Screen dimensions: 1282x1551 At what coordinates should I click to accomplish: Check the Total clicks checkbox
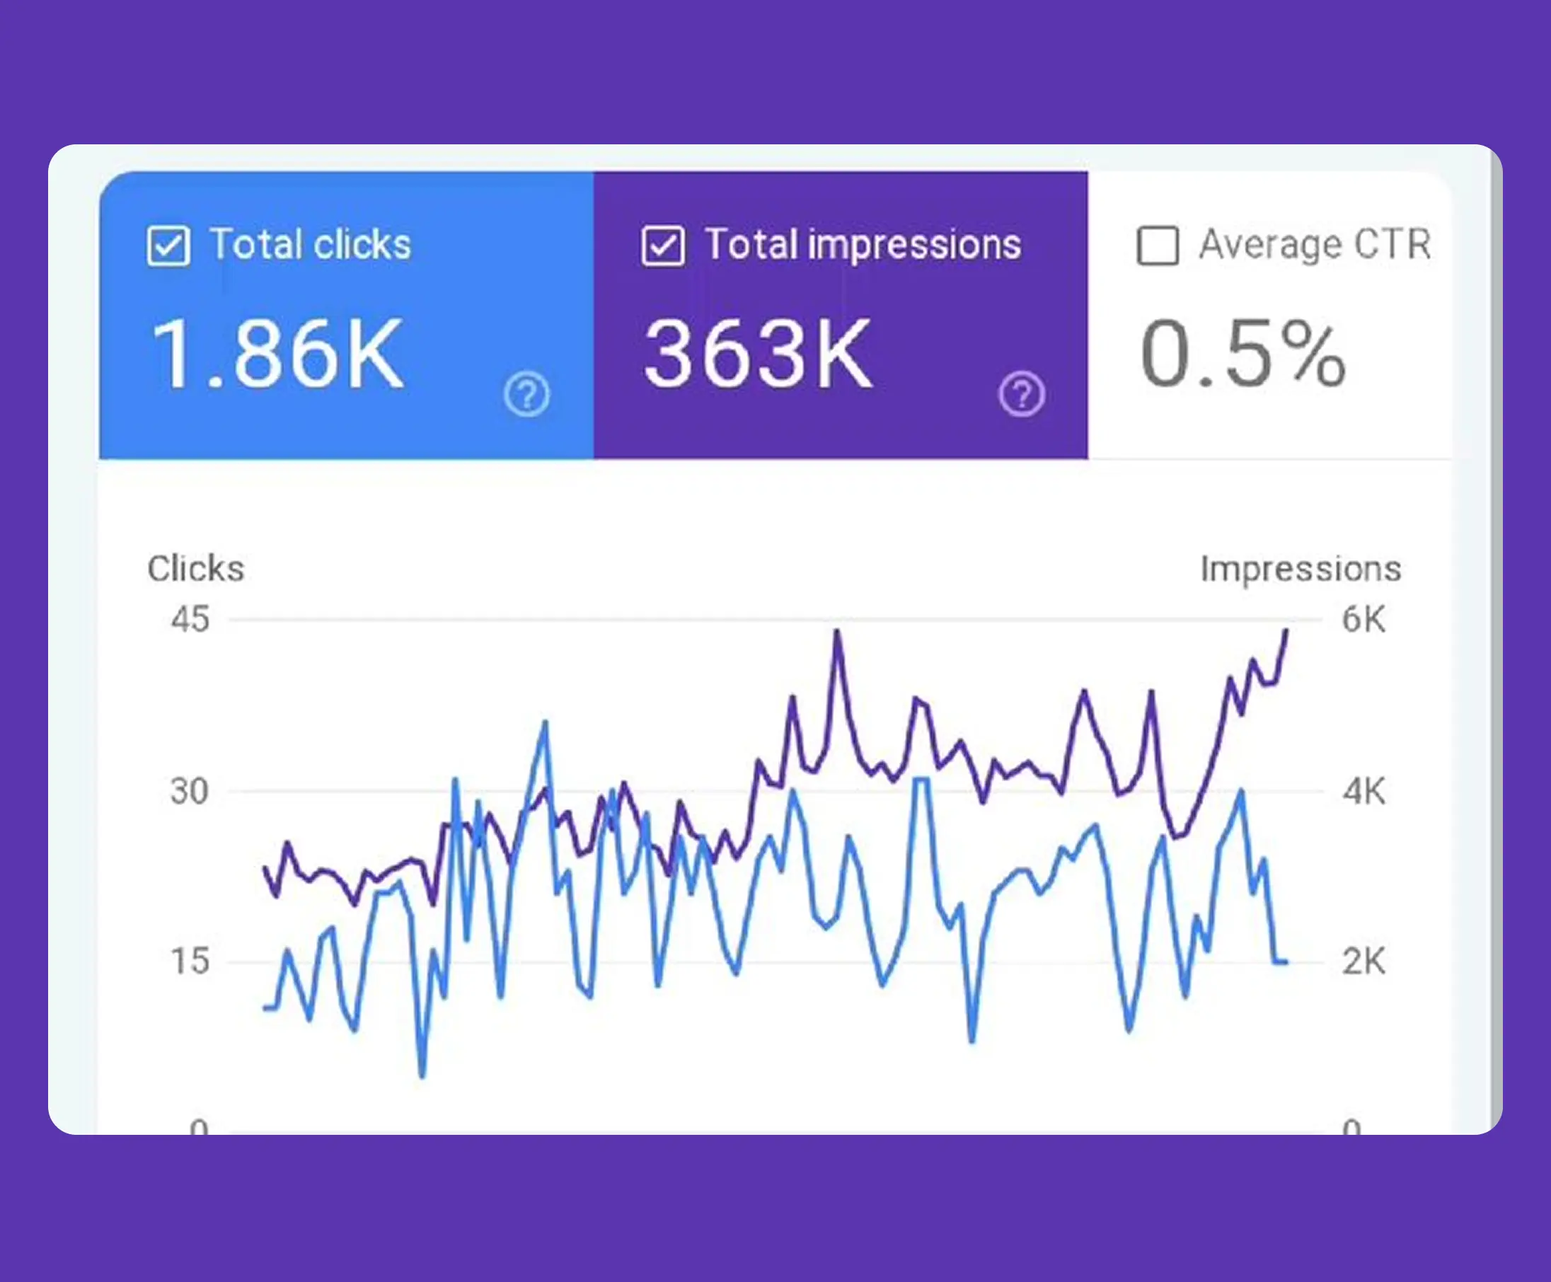coord(168,246)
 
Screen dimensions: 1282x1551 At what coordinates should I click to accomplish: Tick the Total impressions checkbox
coord(662,246)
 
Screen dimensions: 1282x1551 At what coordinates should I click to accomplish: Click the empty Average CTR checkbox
coord(1158,246)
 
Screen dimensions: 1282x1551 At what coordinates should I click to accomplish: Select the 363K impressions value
coord(758,354)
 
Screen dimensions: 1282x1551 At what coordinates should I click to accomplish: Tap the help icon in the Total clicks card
coord(526,394)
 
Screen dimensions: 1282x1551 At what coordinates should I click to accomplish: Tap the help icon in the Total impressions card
coord(1022,394)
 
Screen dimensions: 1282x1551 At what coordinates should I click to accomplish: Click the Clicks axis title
coord(196,569)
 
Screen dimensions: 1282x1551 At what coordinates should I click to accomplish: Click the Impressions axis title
coord(1301,569)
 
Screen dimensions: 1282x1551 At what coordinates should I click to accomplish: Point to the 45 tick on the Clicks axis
coord(190,619)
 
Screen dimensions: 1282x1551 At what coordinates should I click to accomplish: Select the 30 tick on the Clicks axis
coord(189,791)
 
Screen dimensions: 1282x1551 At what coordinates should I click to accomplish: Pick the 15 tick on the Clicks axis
coord(190,961)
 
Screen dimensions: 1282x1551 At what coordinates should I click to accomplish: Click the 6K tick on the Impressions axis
coord(1363,619)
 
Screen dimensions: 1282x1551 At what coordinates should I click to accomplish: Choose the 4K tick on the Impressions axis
coord(1363,791)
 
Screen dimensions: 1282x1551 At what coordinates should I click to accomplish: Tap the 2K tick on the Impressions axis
coord(1363,961)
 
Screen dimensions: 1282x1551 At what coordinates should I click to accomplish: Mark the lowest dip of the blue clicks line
coord(422,1076)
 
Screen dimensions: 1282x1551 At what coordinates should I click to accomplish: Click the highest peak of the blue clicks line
coord(545,722)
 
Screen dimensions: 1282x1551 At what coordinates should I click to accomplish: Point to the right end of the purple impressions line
coord(1286,630)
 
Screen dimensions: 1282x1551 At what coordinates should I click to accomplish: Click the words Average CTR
coord(1315,244)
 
